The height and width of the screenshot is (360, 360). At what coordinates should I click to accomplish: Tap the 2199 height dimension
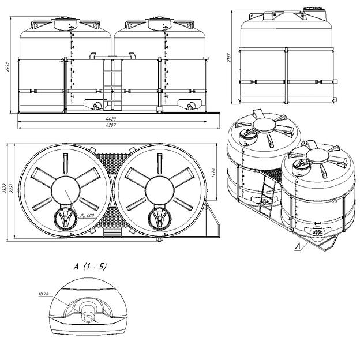coord(230,55)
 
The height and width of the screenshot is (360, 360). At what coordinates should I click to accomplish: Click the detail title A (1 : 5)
coord(90,266)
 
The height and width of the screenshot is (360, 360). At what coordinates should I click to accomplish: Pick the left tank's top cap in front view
coord(65,24)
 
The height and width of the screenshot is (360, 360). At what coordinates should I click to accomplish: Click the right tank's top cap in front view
coord(159,24)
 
